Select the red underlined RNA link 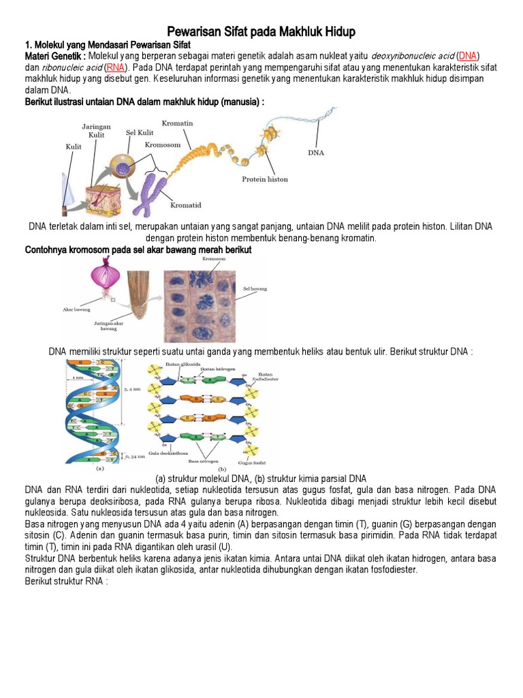115,67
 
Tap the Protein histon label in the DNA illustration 265,179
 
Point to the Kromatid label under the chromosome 185,204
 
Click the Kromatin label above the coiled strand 177,123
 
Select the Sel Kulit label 137,132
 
